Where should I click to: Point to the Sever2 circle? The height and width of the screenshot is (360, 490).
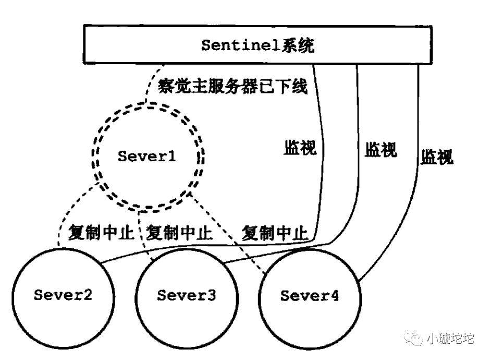coord(63,296)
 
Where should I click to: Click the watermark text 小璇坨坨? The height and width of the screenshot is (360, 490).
coord(450,339)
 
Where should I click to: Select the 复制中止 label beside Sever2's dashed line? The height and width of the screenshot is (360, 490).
coord(102,233)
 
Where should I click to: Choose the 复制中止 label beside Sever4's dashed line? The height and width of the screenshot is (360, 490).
coord(274,233)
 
